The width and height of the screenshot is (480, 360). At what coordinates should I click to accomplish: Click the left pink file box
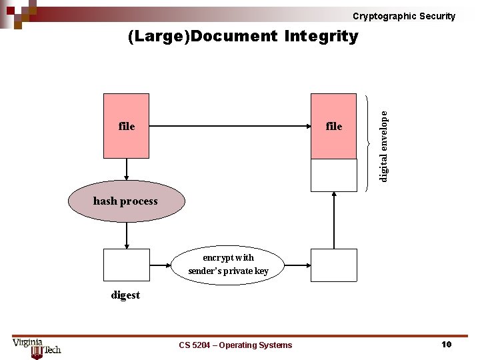point(126,126)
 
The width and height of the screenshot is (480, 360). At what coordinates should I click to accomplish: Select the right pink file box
point(334,126)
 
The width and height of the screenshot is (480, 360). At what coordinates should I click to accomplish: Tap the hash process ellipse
point(126,201)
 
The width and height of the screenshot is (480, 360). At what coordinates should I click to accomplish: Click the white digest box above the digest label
point(126,265)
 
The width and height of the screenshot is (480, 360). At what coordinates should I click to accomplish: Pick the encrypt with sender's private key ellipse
point(229,265)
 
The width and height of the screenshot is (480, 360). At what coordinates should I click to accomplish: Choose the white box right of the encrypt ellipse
point(334,265)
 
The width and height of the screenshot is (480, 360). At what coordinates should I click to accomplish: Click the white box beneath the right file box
point(334,175)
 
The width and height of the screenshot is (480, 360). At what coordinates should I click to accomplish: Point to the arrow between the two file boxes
point(230,126)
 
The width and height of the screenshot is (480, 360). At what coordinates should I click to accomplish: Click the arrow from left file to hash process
point(126,169)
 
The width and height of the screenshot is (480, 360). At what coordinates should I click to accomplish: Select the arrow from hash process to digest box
point(126,235)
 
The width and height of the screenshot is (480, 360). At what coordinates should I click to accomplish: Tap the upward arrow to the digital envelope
point(334,220)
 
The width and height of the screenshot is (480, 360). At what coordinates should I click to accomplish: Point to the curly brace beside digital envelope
point(369,142)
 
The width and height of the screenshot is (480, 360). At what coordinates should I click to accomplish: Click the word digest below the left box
point(125,295)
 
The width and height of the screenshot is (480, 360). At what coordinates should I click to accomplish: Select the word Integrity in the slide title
point(321,36)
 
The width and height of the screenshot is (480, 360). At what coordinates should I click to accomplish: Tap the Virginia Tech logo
point(37,347)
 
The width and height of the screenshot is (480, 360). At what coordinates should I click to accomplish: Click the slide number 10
point(447,344)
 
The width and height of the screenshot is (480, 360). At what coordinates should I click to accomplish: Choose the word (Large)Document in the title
point(202,36)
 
